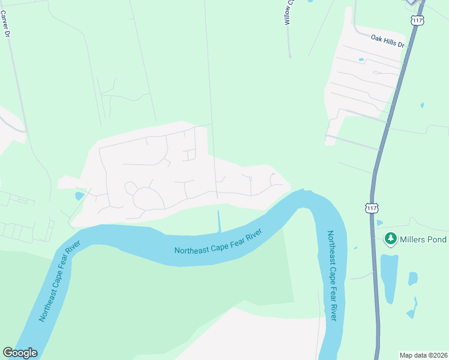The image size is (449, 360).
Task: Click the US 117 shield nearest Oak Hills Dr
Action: (417, 20)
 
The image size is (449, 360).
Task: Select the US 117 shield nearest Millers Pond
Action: (372, 208)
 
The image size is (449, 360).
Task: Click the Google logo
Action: (20, 353)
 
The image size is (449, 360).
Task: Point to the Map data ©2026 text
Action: (423, 355)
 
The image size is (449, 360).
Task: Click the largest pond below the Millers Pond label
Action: (388, 277)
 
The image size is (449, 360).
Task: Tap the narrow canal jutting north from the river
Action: (219, 221)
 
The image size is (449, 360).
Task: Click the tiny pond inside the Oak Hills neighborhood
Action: (361, 60)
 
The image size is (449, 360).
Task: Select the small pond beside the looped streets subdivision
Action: (79, 196)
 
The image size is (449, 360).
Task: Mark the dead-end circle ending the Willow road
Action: (289, 57)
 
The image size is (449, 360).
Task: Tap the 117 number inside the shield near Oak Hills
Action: (417, 20)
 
